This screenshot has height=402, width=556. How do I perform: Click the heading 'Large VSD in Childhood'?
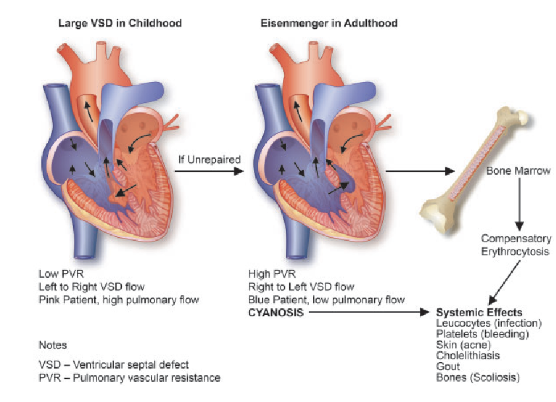[x=120, y=23]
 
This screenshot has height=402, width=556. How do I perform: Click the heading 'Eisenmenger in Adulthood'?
[x=329, y=23]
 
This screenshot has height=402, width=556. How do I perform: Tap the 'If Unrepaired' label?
[x=208, y=159]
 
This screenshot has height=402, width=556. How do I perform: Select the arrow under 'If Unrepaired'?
[x=208, y=171]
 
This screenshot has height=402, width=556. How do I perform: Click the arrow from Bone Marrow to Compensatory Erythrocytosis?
[x=519, y=203]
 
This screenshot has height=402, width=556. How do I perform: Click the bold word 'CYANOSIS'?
[x=275, y=312]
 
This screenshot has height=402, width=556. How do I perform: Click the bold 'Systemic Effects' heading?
[x=479, y=313]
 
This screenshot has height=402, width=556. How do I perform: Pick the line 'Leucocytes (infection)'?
[x=488, y=323]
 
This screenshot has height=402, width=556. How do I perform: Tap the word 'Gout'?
[x=448, y=366]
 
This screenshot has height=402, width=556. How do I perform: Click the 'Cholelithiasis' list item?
[x=468, y=355]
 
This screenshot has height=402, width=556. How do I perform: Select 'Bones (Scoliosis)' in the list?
[x=477, y=377]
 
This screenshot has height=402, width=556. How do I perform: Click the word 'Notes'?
[x=53, y=345]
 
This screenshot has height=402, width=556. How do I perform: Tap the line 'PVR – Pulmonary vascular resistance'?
[x=130, y=377]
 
